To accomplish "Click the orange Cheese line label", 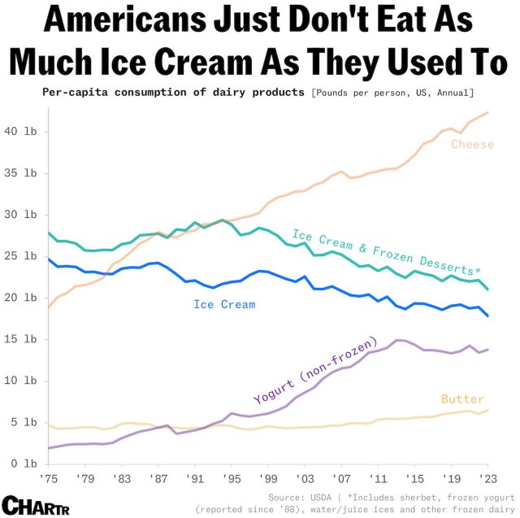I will point(472,145).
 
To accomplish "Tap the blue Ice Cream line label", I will point(224,305).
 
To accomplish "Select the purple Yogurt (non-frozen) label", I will point(316,369).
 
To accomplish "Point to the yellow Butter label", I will point(462,398).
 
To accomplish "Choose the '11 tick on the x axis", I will point(377,479).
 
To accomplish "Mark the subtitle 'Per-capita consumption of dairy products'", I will point(173,91).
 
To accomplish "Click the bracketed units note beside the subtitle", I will point(392,91).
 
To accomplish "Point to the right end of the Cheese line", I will point(488,112).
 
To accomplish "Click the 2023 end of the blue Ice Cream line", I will point(488,316).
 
